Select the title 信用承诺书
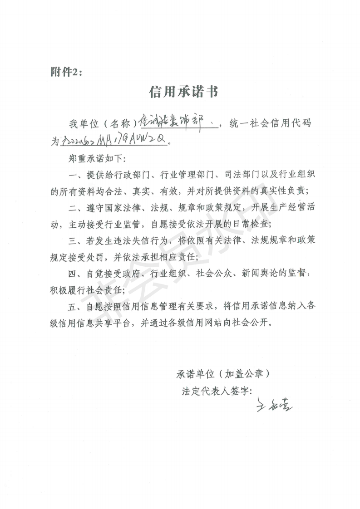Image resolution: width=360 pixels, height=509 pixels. coord(184,93)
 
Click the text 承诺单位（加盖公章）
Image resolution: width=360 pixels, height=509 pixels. coord(223,375)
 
